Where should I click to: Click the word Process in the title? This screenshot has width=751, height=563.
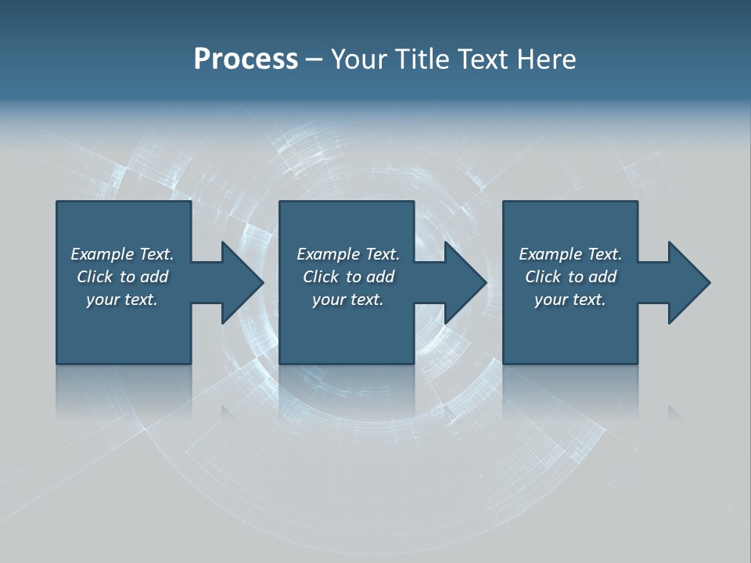click(246, 59)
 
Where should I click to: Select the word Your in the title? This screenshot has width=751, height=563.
click(359, 59)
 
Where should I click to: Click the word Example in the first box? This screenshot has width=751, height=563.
click(102, 254)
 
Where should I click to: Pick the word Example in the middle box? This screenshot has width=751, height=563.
click(329, 254)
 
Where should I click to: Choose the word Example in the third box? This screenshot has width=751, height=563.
click(551, 254)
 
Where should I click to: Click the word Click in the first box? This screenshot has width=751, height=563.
click(95, 277)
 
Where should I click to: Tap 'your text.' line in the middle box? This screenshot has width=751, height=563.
click(347, 299)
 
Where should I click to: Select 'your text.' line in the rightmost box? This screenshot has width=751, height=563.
click(570, 299)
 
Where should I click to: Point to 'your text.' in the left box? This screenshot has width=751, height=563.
click(122, 299)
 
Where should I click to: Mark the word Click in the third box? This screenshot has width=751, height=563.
click(543, 277)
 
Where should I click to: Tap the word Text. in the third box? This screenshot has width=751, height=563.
click(604, 254)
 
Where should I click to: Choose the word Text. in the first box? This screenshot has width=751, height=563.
click(156, 254)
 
